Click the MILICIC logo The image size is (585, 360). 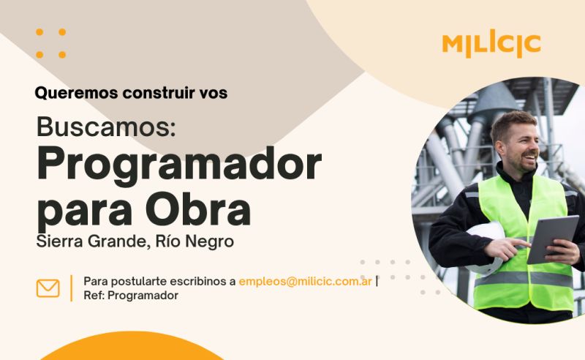point(491,44)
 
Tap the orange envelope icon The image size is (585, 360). point(48,288)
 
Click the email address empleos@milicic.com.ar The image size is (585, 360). point(305,281)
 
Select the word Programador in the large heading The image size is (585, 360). point(179,165)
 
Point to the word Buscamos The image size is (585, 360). point(106,127)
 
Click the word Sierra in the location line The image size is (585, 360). point(59,241)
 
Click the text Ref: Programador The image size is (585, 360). point(131,296)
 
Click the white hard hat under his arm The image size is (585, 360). point(485,247)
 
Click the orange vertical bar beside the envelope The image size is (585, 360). point(71,288)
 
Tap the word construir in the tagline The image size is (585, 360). point(159,93)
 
